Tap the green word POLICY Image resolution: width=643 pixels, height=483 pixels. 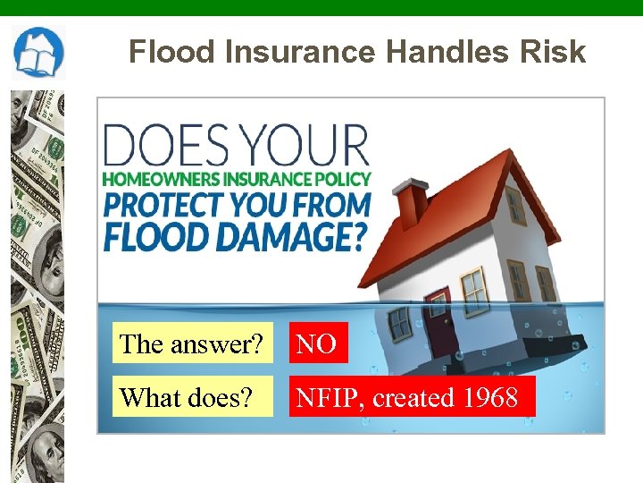coord(342,179)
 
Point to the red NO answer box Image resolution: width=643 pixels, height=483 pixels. coord(317,343)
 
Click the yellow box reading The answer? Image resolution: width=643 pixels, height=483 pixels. coord(192,343)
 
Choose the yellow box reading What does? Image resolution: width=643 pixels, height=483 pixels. coord(192,397)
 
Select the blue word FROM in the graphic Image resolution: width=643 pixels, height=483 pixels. coord(325,205)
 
